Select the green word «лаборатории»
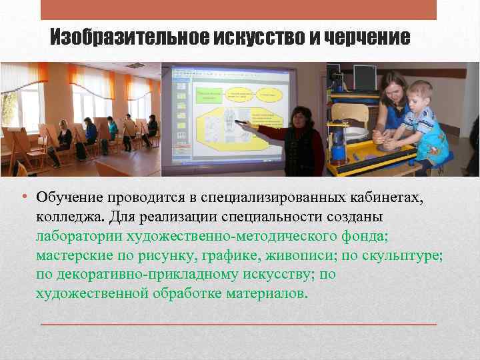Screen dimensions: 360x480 point(77,237)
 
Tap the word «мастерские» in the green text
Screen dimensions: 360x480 point(73,256)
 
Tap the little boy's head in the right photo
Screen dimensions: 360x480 point(420,94)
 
